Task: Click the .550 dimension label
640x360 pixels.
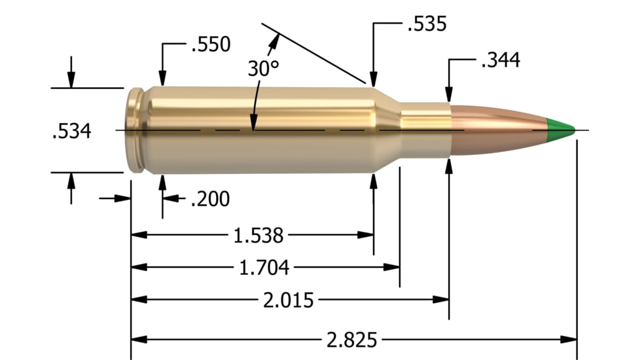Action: click(x=210, y=45)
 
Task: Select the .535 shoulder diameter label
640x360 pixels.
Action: click(x=426, y=25)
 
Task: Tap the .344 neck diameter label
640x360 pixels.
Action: click(x=500, y=61)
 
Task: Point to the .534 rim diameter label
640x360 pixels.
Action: click(x=71, y=131)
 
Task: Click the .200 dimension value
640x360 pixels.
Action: click(x=209, y=198)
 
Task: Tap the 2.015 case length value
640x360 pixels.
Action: click(x=288, y=300)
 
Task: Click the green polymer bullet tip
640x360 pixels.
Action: click(x=561, y=129)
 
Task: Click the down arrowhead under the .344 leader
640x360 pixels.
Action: click(x=449, y=94)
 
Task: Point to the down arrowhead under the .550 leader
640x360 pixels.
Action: click(x=162, y=79)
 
